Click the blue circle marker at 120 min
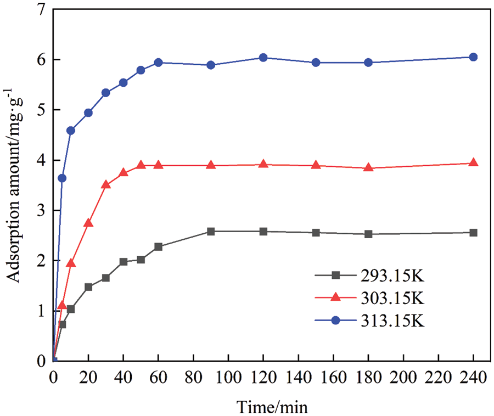pyautogui.click(x=263, y=58)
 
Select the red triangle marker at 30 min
pyautogui.click(x=106, y=184)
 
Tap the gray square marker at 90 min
pyautogui.click(x=211, y=232)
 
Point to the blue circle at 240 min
pyautogui.click(x=473, y=57)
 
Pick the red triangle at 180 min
pyautogui.click(x=368, y=167)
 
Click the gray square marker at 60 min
pyautogui.click(x=158, y=247)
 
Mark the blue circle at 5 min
pyautogui.click(x=62, y=178)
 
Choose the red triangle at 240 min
pyautogui.click(x=473, y=162)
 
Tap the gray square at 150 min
pyautogui.click(x=316, y=233)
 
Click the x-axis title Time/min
pyautogui.click(x=272, y=407)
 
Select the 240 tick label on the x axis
pyautogui.click(x=473, y=378)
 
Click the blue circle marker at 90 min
pyautogui.click(x=211, y=65)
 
